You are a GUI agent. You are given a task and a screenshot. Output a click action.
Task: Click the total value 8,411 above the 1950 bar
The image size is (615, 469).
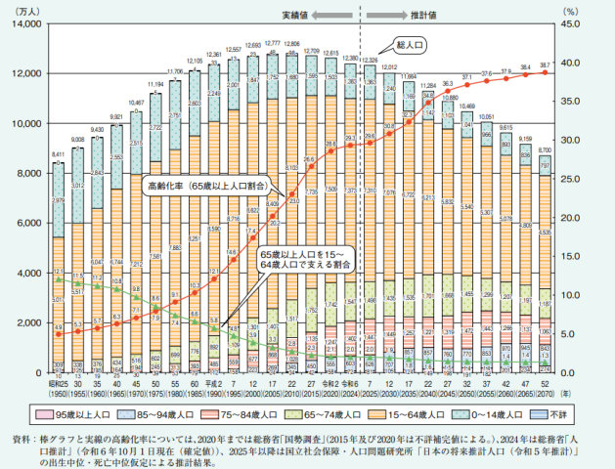(x=60, y=154)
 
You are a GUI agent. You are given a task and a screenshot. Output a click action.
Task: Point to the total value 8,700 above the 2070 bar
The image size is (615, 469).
(x=547, y=149)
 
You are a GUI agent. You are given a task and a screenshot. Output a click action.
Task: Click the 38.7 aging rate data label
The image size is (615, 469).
(x=547, y=64)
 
